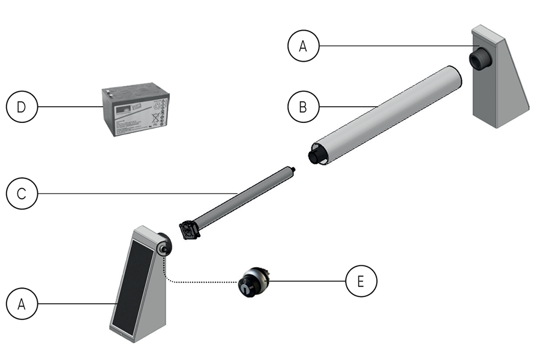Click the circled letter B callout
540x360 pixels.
(x=304, y=107)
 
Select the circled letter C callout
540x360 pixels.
(x=22, y=194)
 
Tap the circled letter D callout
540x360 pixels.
(x=22, y=107)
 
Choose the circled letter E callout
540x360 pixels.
(x=361, y=280)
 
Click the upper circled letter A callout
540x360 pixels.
(x=304, y=46)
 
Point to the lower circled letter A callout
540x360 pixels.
(x=22, y=304)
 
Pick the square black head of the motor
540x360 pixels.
(x=190, y=230)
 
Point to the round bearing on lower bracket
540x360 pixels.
(x=163, y=247)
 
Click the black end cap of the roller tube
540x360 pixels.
(x=316, y=156)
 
